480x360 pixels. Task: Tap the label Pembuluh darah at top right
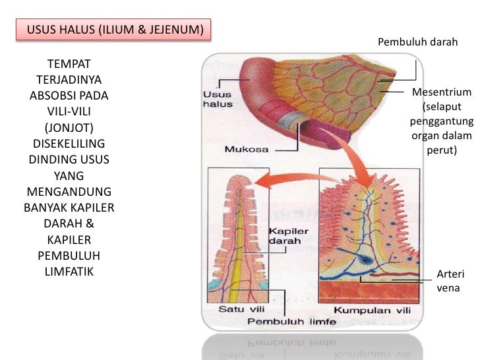[x=417, y=43]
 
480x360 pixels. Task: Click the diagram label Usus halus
[x=216, y=99]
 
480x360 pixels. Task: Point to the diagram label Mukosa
[x=246, y=149]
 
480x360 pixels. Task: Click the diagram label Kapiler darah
[x=285, y=237]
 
